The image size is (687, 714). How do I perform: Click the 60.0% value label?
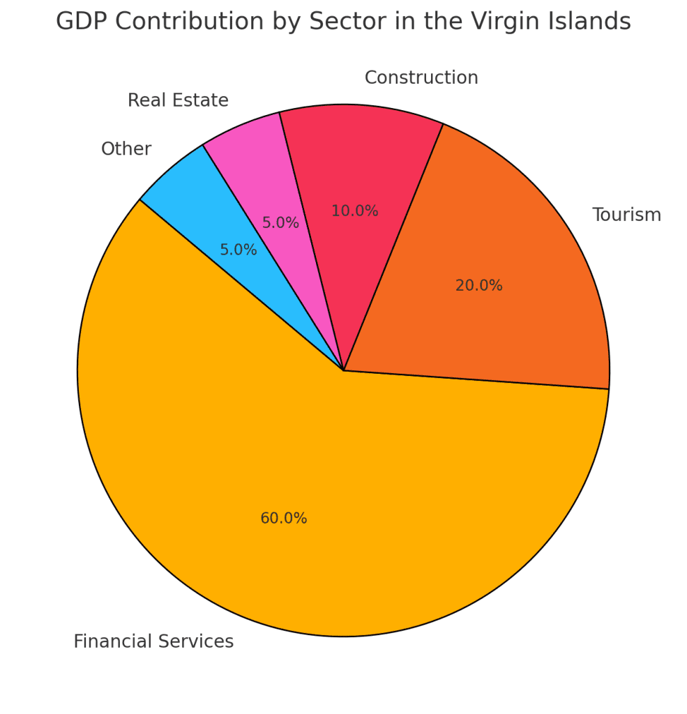283,519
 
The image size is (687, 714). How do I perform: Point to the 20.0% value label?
478,286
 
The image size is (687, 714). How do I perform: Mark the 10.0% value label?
354,211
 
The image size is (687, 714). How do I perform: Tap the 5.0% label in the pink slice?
280,223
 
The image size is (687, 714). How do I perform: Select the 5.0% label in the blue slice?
239,250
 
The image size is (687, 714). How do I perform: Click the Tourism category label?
626,215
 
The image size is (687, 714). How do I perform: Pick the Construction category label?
421,78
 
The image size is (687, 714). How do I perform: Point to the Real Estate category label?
178,100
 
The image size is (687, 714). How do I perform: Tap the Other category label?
126,149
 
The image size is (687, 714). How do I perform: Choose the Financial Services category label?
153,641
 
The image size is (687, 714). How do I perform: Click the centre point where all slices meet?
344,370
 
